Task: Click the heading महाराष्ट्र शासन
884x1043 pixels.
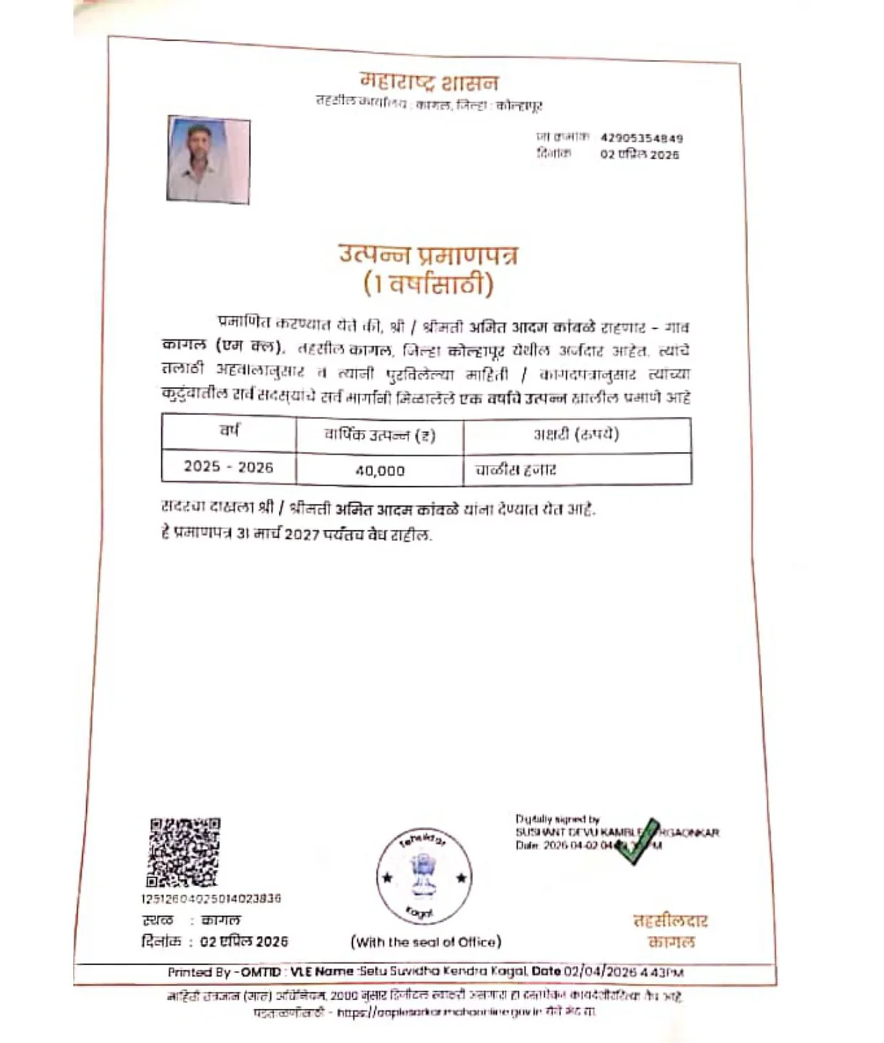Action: pyautogui.click(x=428, y=82)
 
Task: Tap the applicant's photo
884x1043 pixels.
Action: pyautogui.click(x=208, y=160)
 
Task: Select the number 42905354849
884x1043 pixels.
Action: pyautogui.click(x=641, y=138)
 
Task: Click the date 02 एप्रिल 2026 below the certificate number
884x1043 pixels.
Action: pyautogui.click(x=639, y=154)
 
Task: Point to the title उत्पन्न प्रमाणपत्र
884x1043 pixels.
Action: pyautogui.click(x=428, y=255)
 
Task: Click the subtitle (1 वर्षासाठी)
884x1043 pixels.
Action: pyautogui.click(x=428, y=284)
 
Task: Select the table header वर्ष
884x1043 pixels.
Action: pyautogui.click(x=229, y=431)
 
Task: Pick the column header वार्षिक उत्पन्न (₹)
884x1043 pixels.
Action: pyautogui.click(x=379, y=434)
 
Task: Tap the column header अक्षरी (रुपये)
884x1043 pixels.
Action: pyautogui.click(x=576, y=433)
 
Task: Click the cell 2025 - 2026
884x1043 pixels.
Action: pyautogui.click(x=228, y=467)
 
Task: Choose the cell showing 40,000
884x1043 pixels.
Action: pyautogui.click(x=380, y=471)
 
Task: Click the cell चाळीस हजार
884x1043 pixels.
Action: pyautogui.click(x=515, y=470)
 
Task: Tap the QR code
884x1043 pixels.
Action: pyautogui.click(x=184, y=852)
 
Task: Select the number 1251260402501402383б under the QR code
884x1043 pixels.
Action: pyautogui.click(x=211, y=898)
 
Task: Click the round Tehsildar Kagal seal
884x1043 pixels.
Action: pyautogui.click(x=423, y=876)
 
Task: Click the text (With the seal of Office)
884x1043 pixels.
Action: pyautogui.click(x=426, y=942)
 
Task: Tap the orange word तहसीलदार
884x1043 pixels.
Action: pyautogui.click(x=670, y=920)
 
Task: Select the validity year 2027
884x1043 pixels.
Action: pyautogui.click(x=302, y=534)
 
